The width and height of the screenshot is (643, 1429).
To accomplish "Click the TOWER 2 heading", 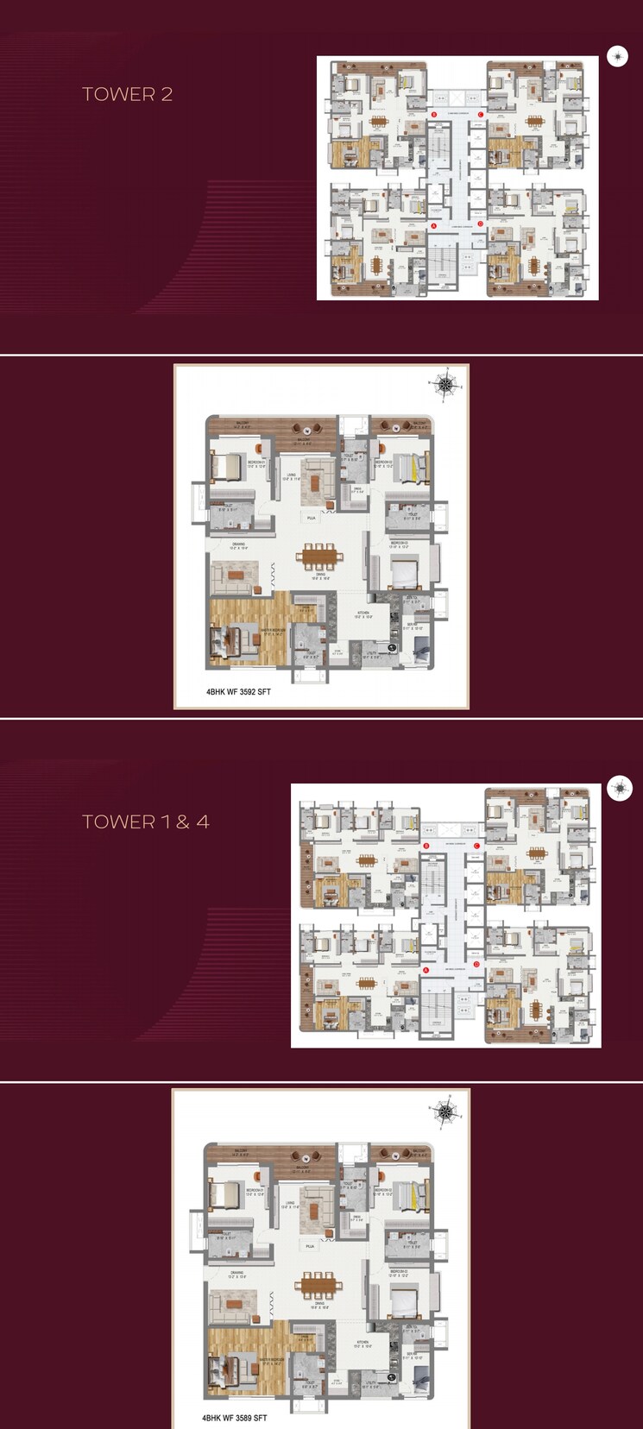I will point(127,94).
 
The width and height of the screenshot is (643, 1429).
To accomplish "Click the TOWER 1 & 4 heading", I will point(145,822).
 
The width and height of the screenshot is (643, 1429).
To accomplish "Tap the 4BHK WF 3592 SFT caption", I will point(238,691).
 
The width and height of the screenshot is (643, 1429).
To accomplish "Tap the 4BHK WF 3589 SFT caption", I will point(235,1418).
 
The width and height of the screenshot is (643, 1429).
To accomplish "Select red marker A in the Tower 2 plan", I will point(434,225).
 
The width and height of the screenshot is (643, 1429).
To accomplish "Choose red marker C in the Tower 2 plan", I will point(481,114).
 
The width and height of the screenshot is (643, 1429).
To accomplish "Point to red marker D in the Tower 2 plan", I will point(481,225).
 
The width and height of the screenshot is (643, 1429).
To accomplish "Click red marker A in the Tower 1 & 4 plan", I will point(426,969).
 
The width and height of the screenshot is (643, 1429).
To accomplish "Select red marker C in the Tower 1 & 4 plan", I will point(476,847).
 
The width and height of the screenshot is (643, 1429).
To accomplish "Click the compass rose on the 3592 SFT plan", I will point(444,385).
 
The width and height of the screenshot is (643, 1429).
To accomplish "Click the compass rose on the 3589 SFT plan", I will point(444,1111).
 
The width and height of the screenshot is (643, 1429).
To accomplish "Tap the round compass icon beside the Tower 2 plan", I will point(617,56).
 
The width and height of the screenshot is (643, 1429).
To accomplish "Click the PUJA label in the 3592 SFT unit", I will point(311,518).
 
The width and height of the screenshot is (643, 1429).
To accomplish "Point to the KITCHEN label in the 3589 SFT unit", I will point(362,1343).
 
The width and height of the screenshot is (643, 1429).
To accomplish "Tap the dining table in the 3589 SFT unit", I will point(318,1284).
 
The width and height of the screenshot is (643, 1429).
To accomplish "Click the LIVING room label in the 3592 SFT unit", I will point(292,475).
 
